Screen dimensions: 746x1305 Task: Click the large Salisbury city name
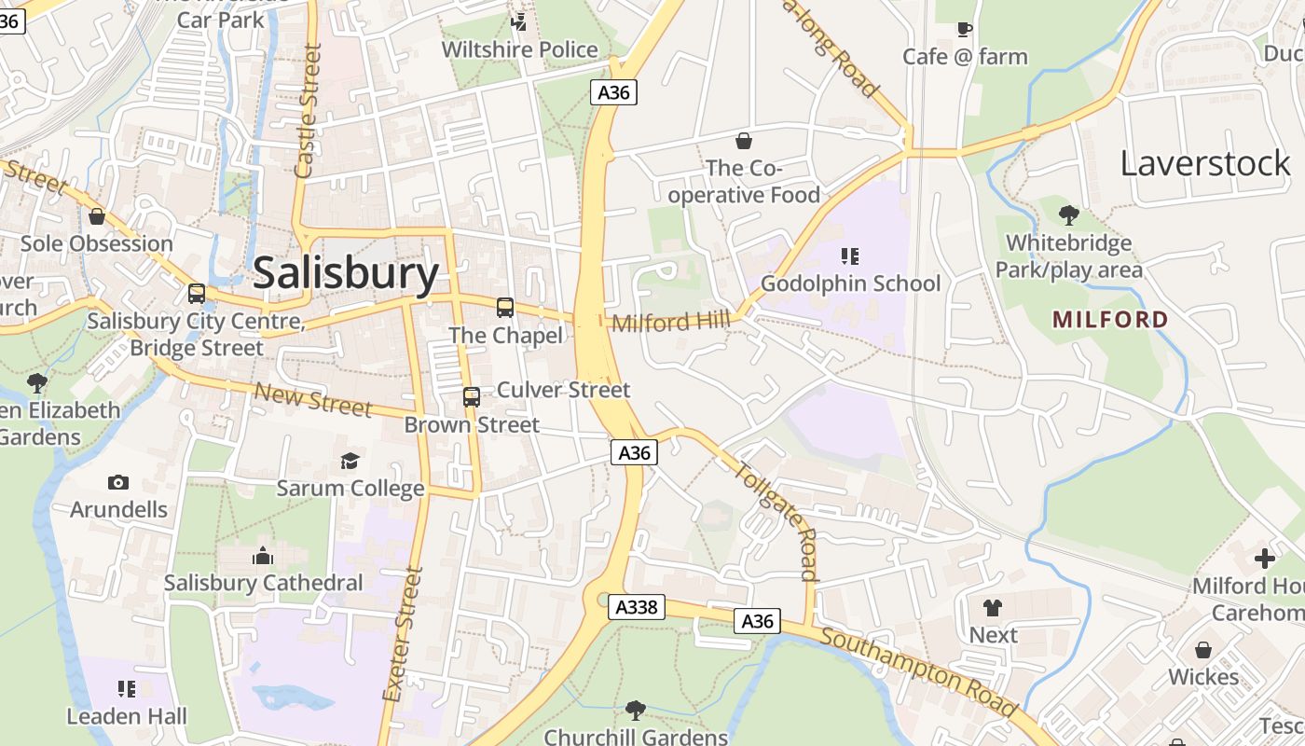(346, 273)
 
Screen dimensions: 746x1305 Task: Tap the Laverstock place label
(1204, 163)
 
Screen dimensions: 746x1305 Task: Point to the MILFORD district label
(1110, 319)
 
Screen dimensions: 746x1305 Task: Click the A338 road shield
(638, 607)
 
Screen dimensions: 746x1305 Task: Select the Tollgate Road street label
(776, 520)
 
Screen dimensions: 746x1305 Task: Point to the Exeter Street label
(403, 634)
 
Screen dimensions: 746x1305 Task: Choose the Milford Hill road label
(671, 322)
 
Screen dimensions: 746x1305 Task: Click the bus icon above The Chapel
(505, 307)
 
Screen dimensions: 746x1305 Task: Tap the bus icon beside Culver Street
(472, 397)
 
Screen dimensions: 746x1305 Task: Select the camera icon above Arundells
(117, 482)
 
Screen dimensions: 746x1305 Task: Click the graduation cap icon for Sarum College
(350, 461)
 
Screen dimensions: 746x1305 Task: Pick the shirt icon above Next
(993, 608)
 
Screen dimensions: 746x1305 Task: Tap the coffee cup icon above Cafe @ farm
(965, 29)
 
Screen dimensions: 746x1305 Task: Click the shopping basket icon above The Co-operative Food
(744, 141)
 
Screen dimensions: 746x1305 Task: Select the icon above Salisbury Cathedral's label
(263, 557)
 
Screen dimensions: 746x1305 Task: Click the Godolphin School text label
(850, 283)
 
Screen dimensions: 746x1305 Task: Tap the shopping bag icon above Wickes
(1203, 649)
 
